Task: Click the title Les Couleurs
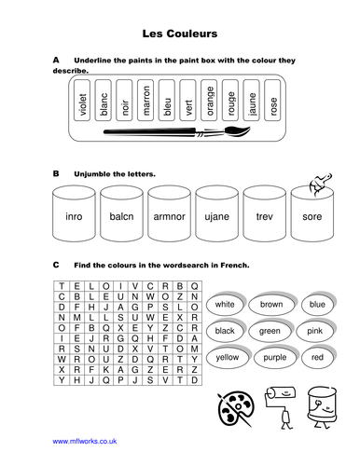coord(180,34)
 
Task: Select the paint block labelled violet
coord(82,100)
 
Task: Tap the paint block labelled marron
coord(145,100)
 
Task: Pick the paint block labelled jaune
coord(252,100)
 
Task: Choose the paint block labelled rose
coord(272,100)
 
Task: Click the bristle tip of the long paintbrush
coord(250,128)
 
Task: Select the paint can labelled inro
coord(74,213)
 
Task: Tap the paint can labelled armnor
coord(169,213)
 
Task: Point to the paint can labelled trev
coord(265,213)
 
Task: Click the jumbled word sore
coord(312,216)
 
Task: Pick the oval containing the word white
coord(226,304)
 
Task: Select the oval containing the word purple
coord(275,357)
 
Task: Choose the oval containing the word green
coord(270,331)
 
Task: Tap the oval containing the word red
coord(318,357)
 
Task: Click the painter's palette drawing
coord(235,409)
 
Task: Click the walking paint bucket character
coord(322,407)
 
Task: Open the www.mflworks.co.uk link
coord(85,441)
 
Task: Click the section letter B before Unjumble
coord(56,173)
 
